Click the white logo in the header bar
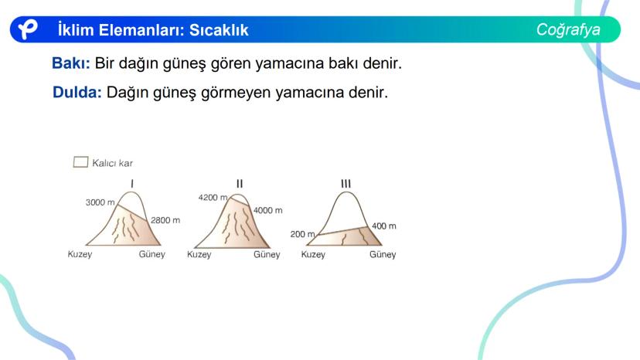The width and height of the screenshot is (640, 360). (28, 29)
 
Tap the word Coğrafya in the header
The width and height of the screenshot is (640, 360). (568, 30)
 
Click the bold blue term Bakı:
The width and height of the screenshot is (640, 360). (71, 63)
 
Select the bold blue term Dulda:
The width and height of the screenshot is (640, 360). (77, 92)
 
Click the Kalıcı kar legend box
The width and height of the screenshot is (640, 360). (80, 162)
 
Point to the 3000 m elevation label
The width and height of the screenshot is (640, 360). (100, 202)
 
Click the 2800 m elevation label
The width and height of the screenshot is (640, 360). (165, 220)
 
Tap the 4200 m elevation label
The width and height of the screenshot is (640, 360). (213, 198)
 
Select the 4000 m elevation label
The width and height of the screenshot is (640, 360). (267, 211)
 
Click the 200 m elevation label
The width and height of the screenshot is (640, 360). (302, 234)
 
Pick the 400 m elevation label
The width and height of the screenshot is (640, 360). (383, 226)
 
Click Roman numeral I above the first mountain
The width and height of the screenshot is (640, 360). (132, 184)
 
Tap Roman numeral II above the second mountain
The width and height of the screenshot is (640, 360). (240, 184)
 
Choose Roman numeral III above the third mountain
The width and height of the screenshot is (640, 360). (346, 184)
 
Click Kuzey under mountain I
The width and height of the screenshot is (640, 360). (80, 254)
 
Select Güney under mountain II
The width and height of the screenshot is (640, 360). (267, 255)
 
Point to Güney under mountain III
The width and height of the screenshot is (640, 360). (383, 255)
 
